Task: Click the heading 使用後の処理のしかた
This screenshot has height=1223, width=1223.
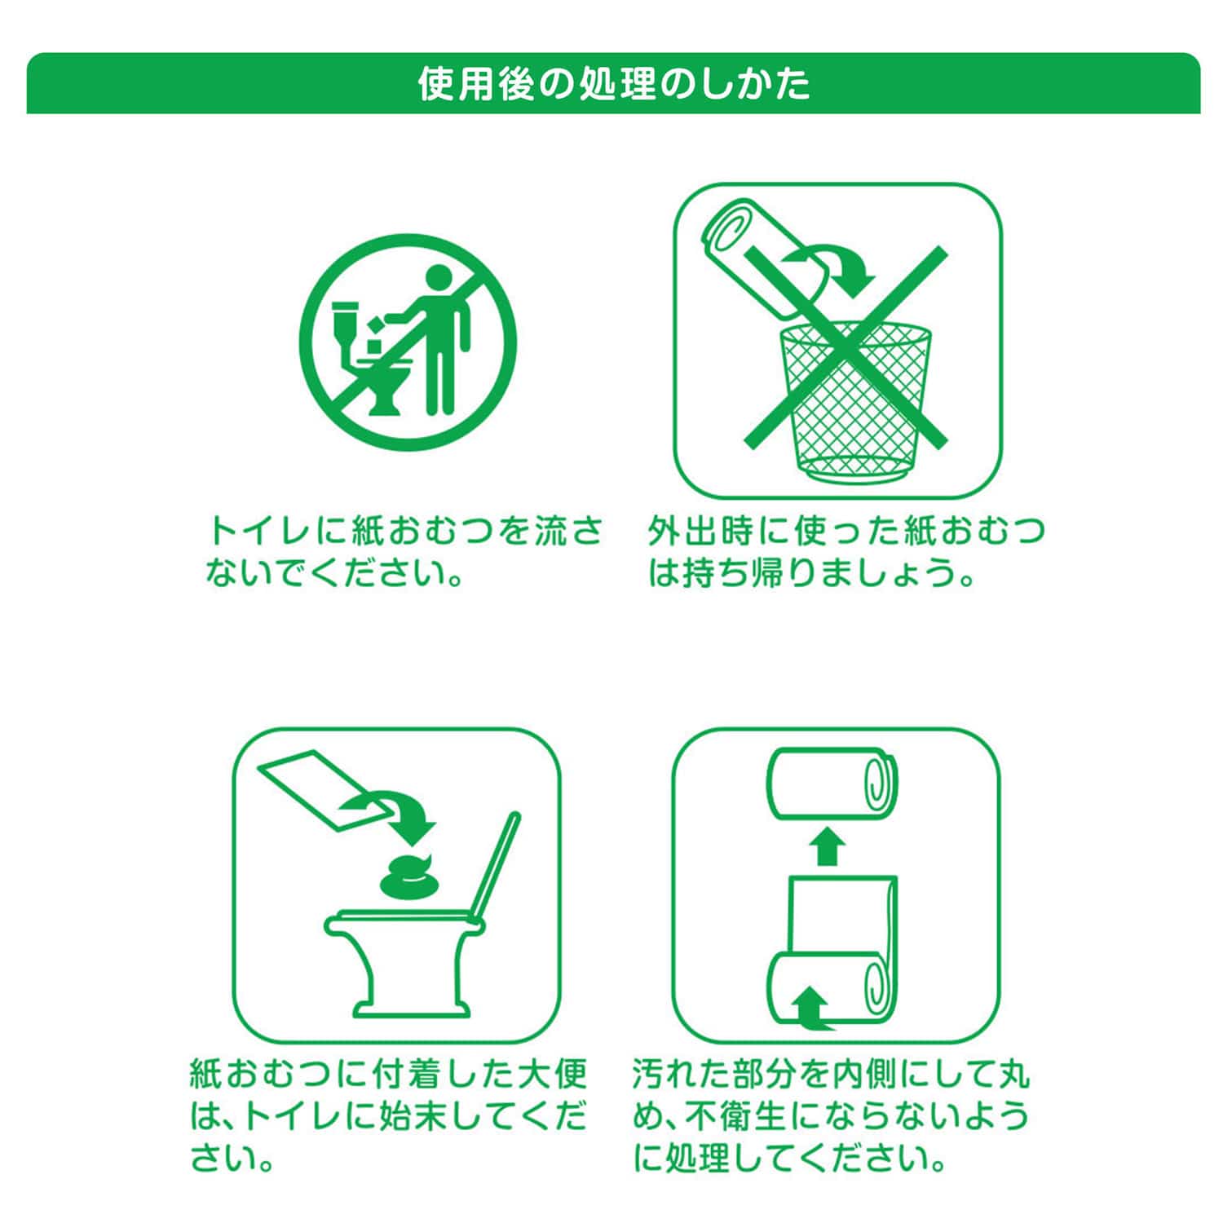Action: point(614,84)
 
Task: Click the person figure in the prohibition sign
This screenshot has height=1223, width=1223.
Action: point(435,338)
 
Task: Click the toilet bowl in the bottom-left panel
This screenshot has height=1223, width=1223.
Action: point(399,962)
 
